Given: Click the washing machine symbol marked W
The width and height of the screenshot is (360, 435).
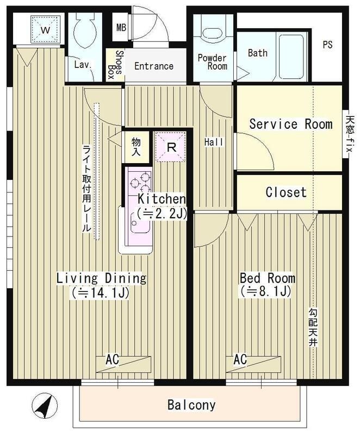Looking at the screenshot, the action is click(46, 29).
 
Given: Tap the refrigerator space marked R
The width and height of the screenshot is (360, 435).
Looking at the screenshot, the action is click(171, 146).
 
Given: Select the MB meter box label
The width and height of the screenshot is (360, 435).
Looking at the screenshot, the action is click(121, 28).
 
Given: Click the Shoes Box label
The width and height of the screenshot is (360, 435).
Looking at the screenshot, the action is click(115, 65).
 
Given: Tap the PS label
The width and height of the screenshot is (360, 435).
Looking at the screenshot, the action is click(327, 45).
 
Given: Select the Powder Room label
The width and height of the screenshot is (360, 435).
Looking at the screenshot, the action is click(213, 62).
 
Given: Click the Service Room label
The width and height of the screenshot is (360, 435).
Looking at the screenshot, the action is click(290, 124).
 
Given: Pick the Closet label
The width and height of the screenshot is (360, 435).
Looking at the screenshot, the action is click(286, 192).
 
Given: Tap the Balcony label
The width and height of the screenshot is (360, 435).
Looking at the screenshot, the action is click(191, 405).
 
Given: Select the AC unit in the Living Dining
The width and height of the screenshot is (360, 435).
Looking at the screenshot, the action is click(123, 364).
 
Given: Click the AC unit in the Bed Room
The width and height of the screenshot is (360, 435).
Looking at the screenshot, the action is click(253, 364).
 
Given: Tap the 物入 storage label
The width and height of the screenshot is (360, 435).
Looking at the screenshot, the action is click(136, 146).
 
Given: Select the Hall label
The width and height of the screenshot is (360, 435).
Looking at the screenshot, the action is click(214, 142).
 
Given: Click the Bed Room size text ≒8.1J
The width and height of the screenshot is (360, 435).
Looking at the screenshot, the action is click(266, 291).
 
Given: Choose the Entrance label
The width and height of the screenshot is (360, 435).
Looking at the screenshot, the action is click(154, 66).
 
